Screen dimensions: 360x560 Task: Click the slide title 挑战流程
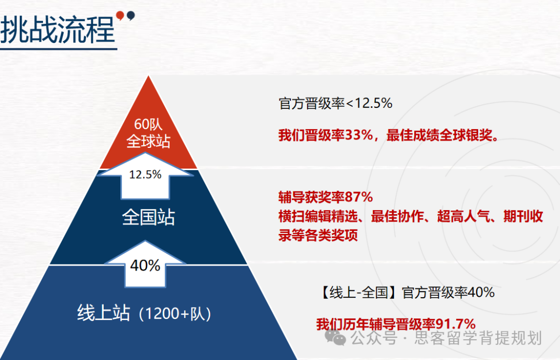[58, 29]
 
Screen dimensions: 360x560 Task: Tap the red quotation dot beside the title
[121, 15]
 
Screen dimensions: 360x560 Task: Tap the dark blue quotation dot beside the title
[131, 15]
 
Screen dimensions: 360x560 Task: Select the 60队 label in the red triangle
[148, 125]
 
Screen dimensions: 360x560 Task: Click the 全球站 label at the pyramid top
[148, 141]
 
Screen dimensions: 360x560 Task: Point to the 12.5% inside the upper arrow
[146, 174]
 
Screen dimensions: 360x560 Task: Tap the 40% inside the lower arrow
[145, 265]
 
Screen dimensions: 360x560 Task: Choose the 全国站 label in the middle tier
[148, 217]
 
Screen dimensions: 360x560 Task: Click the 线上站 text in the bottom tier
[103, 313]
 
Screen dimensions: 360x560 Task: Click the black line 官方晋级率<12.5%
[335, 103]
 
